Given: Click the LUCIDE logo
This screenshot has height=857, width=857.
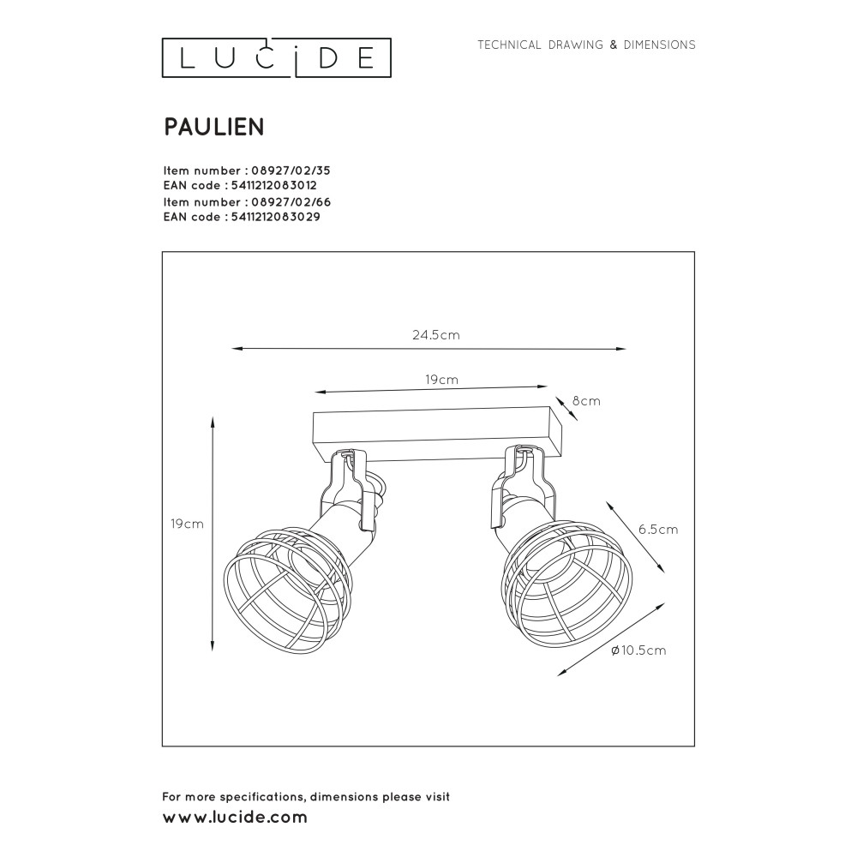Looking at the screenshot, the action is coord(277,58).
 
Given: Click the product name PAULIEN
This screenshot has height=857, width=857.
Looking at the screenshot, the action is coord(214,127).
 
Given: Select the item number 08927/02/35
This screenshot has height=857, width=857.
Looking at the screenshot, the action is coord(291,171).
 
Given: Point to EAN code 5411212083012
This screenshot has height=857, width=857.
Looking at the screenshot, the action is coord(274,185).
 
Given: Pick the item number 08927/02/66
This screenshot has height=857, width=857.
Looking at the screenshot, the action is coord(291,201).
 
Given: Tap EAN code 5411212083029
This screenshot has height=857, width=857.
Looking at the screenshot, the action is coord(275,217).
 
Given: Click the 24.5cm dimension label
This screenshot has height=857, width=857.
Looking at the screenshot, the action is coord(436,334).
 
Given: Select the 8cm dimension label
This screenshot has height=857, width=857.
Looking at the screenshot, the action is coord(586,400).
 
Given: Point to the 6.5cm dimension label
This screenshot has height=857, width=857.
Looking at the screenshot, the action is coord(658,529).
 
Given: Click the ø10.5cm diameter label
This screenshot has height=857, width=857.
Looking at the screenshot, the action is coord(639,650).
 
